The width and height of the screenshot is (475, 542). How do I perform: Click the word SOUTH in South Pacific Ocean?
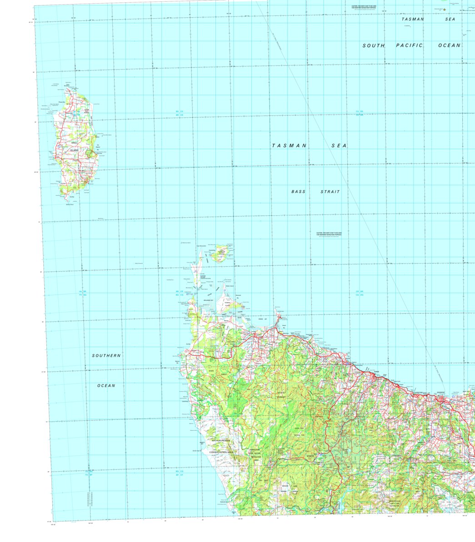coord(373,45)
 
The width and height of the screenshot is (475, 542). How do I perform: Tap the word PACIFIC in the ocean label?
coord(409,45)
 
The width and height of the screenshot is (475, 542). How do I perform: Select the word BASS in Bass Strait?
coord(299,192)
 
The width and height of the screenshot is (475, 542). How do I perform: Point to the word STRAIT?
coord(330,192)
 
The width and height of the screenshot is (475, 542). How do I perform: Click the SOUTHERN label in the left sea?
coord(106,355)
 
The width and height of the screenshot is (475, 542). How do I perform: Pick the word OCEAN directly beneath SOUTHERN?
coord(106,386)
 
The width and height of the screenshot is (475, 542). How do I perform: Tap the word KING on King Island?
coord(74,143)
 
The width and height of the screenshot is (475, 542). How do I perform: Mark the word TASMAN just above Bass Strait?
coord(289,145)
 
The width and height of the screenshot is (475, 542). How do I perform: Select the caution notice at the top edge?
coord(364,7)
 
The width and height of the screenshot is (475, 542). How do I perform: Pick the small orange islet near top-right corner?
coord(445,10)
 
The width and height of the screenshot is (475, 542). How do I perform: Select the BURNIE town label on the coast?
coord(375,372)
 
